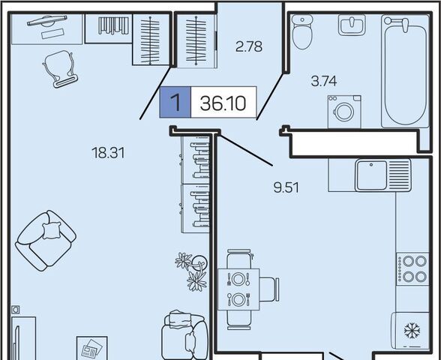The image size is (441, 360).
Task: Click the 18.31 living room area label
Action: [x=108, y=153]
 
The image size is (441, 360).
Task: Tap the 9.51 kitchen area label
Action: [x=286, y=187]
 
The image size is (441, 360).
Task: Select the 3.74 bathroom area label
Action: [x=324, y=81]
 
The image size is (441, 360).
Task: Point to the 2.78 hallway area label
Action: [x=249, y=46]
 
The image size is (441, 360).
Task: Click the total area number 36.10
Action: [x=223, y=103]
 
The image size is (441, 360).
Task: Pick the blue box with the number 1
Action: [x=175, y=102]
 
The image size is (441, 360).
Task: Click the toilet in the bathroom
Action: [x=302, y=32]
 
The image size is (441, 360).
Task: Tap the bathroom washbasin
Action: [x=352, y=25]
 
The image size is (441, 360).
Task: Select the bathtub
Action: [x=405, y=70]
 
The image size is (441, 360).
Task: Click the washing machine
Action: [x=344, y=112]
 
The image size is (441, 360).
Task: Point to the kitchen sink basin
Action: [x=371, y=175]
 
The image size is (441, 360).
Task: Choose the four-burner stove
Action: [x=412, y=269]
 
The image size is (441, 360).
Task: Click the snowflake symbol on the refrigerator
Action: [x=412, y=331]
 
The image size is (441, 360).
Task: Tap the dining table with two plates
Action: [x=238, y=289]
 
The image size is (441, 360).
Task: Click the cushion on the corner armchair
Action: [x=52, y=230]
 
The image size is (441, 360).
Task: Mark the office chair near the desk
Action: [x=60, y=69]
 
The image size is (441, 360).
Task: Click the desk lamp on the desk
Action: [x=47, y=21]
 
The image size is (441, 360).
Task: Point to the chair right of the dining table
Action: [x=269, y=289]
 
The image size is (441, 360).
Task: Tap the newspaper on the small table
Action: [x=91, y=349]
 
